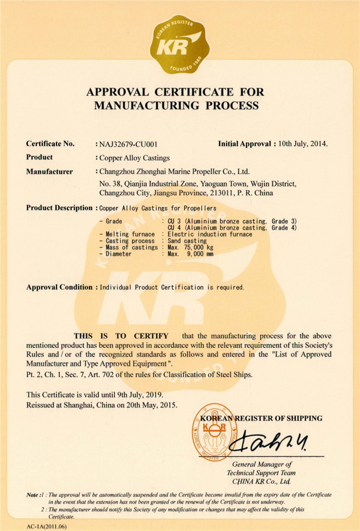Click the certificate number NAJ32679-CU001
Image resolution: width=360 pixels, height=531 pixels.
(x=133, y=145)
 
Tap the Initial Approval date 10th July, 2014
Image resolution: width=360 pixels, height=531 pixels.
(x=303, y=144)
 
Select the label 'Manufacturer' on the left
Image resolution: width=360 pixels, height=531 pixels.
(x=49, y=172)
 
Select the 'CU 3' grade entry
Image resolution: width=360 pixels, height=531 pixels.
(x=173, y=221)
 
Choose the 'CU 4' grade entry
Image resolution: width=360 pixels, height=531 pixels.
(x=173, y=227)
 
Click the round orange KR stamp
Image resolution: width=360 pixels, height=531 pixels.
(x=210, y=431)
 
